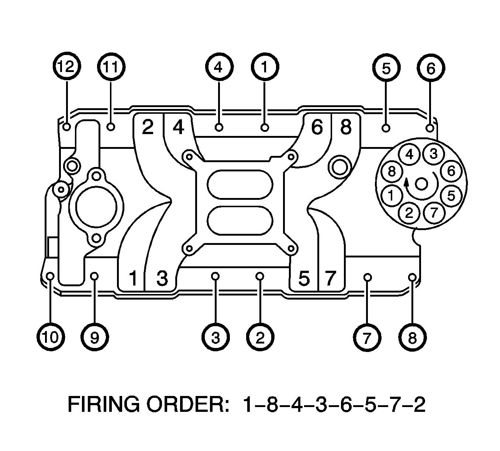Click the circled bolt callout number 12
67,66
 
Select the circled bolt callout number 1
265,67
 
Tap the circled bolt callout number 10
51,338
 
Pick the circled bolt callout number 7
367,338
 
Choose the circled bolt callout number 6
431,68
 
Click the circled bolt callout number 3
215,338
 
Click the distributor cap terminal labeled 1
391,196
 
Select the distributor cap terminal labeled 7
434,213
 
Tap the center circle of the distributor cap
421,184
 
